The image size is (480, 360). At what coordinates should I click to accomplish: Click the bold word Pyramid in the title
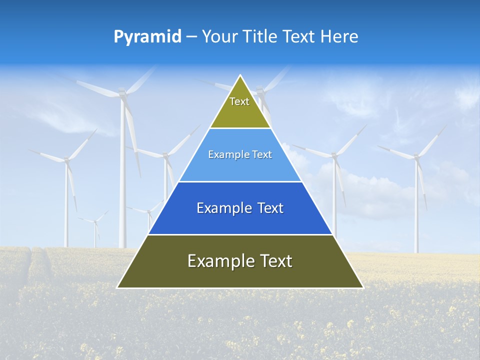[147, 36]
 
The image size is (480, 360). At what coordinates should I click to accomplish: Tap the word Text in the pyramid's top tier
[239, 101]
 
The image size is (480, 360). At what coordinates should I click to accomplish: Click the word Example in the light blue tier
[224, 154]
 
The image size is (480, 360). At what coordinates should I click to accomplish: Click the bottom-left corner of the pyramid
[117, 288]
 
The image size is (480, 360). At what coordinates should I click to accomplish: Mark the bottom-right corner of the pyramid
[363, 288]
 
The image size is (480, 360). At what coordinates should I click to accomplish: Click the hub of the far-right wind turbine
[416, 156]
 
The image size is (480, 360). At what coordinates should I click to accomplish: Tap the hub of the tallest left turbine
[122, 93]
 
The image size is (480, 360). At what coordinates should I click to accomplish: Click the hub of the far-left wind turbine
[66, 160]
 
